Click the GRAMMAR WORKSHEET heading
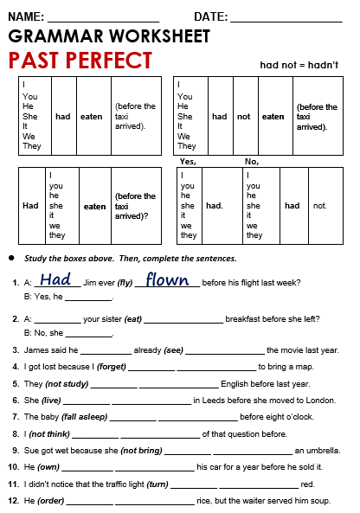click(109, 36)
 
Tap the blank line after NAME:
click(103, 17)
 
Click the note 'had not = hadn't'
click(299, 65)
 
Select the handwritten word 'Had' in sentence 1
click(56, 279)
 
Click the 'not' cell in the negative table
click(244, 117)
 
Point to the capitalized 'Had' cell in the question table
click(31, 206)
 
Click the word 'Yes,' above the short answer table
click(188, 162)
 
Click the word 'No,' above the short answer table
click(252, 162)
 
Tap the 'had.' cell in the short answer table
click(214, 206)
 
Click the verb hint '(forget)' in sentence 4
click(110, 366)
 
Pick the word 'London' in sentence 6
click(319, 400)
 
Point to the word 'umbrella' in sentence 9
click(323, 451)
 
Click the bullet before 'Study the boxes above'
click(10, 259)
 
